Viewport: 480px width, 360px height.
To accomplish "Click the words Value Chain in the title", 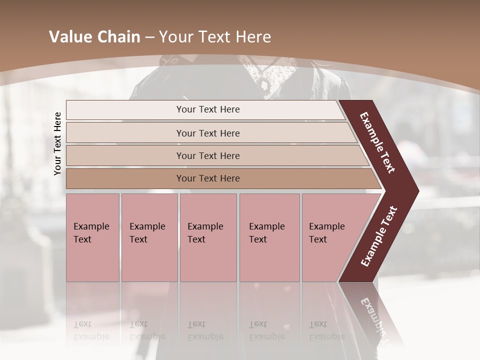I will click(94, 37).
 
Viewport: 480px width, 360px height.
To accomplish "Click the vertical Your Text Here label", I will click(57, 143).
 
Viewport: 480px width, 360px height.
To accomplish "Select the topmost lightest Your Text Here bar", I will click(207, 109).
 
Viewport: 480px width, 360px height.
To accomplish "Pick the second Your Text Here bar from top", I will click(207, 133).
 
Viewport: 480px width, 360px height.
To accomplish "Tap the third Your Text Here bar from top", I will click(207, 155).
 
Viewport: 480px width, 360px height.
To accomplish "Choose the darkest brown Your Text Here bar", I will click(207, 178).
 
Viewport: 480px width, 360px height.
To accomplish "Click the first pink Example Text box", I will click(92, 237).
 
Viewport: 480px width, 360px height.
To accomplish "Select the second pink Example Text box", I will click(149, 237).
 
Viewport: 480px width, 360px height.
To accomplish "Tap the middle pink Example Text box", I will click(208, 237).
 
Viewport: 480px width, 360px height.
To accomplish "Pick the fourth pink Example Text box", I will click(269, 237).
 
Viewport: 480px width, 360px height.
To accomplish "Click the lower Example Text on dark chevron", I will click(379, 236).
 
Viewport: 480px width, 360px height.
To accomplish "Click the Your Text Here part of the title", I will click(215, 37).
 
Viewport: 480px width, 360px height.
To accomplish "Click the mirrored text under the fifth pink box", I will click(319, 330).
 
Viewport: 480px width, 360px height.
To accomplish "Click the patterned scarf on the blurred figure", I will click(265, 75).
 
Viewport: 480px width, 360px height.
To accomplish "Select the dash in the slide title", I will click(149, 37).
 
